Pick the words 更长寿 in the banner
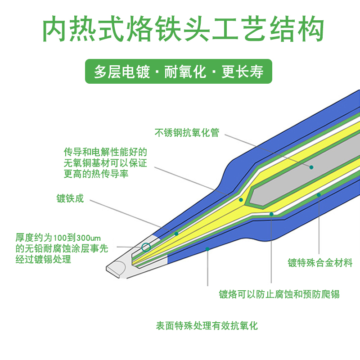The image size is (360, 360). pos(243,72)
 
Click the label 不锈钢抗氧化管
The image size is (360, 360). pos(187,133)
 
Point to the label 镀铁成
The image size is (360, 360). pos(70,198)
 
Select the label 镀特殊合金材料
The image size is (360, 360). pos(320,263)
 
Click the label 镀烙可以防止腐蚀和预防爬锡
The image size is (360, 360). pos(279,295)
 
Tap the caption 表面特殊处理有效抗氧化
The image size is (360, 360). pos(207,326)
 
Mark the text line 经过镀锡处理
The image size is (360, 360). pos(43,260)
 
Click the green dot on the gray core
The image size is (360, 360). pos(311,167)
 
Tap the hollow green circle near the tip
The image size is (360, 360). pos(146,247)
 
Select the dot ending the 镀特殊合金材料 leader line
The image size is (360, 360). pos(319,195)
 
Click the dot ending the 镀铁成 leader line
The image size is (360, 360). pos(176,234)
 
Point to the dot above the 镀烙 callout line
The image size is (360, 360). pos(271,214)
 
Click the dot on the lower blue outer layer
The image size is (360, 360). pos(207,248)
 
